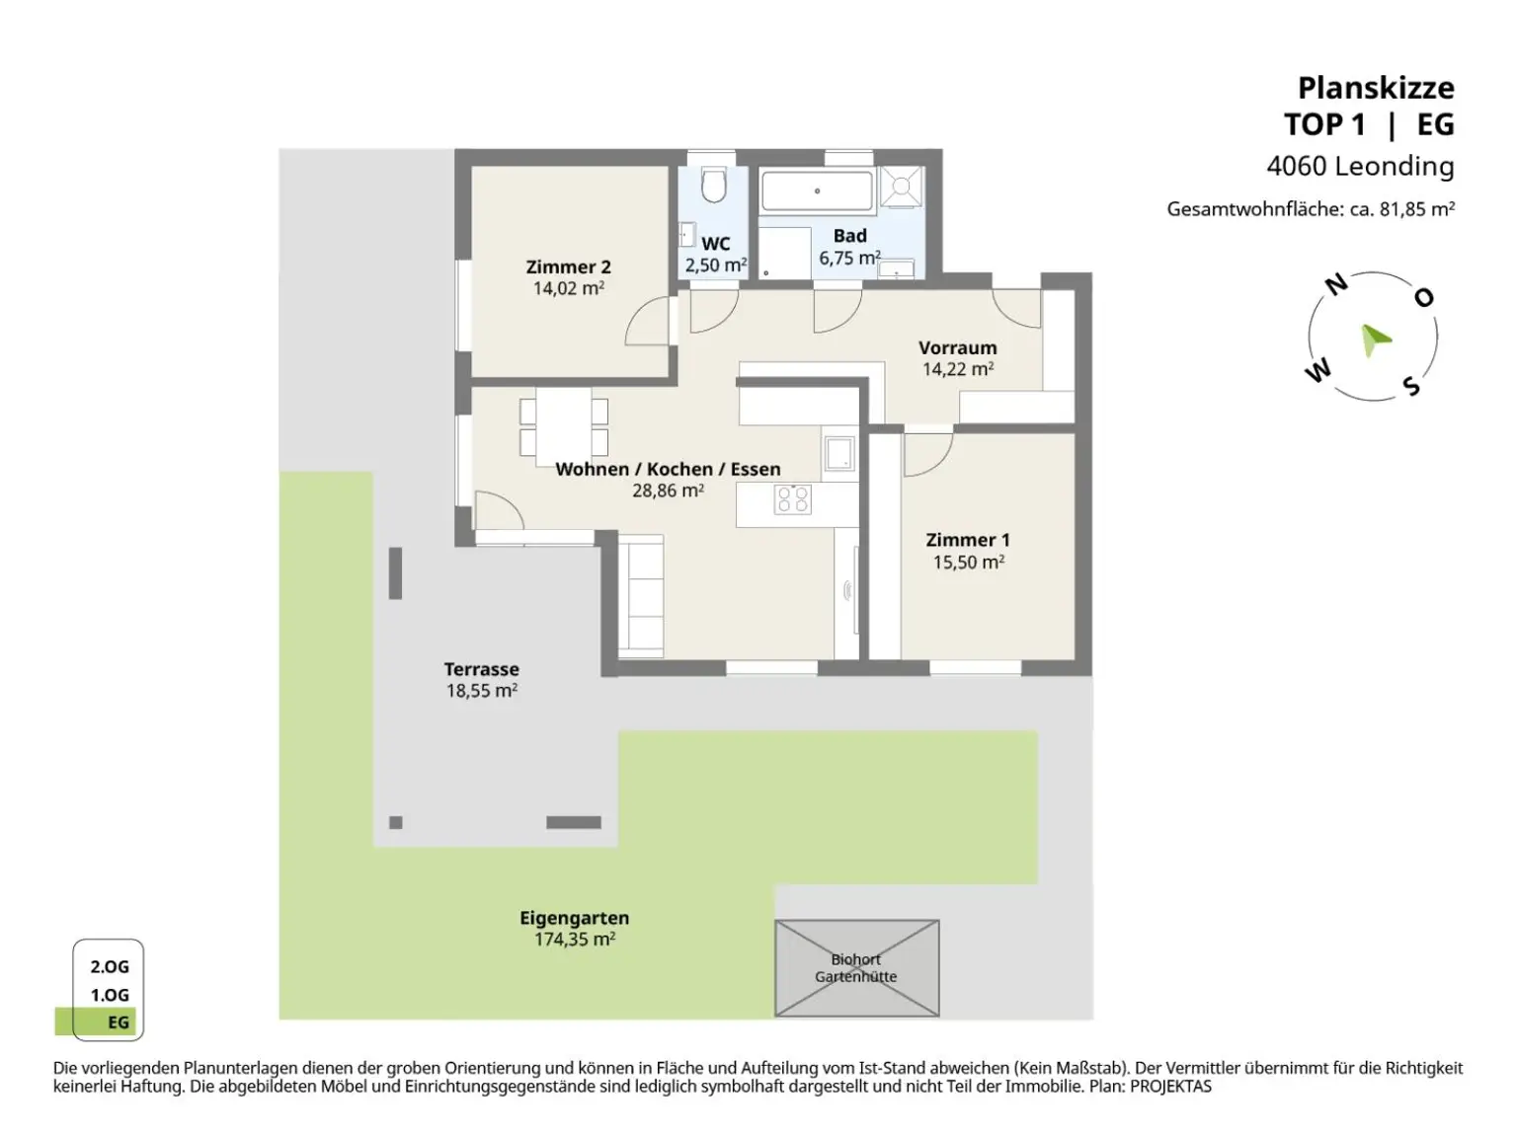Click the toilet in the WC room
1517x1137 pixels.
713,185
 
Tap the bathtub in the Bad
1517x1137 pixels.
817,190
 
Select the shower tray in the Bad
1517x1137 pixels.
902,187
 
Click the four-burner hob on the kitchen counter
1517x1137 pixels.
793,499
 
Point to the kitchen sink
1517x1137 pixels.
838,453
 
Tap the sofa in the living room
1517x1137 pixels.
641,596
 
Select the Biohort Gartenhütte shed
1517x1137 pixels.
856,967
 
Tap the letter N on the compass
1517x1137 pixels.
1336,284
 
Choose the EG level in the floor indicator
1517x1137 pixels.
119,1023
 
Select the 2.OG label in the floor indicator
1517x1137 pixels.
110,966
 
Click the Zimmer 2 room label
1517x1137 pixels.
568,266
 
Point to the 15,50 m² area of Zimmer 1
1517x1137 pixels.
968,562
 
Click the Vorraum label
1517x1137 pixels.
957,347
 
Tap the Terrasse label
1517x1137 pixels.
481,669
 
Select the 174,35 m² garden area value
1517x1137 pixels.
575,939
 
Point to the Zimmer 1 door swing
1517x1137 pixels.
928,454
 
